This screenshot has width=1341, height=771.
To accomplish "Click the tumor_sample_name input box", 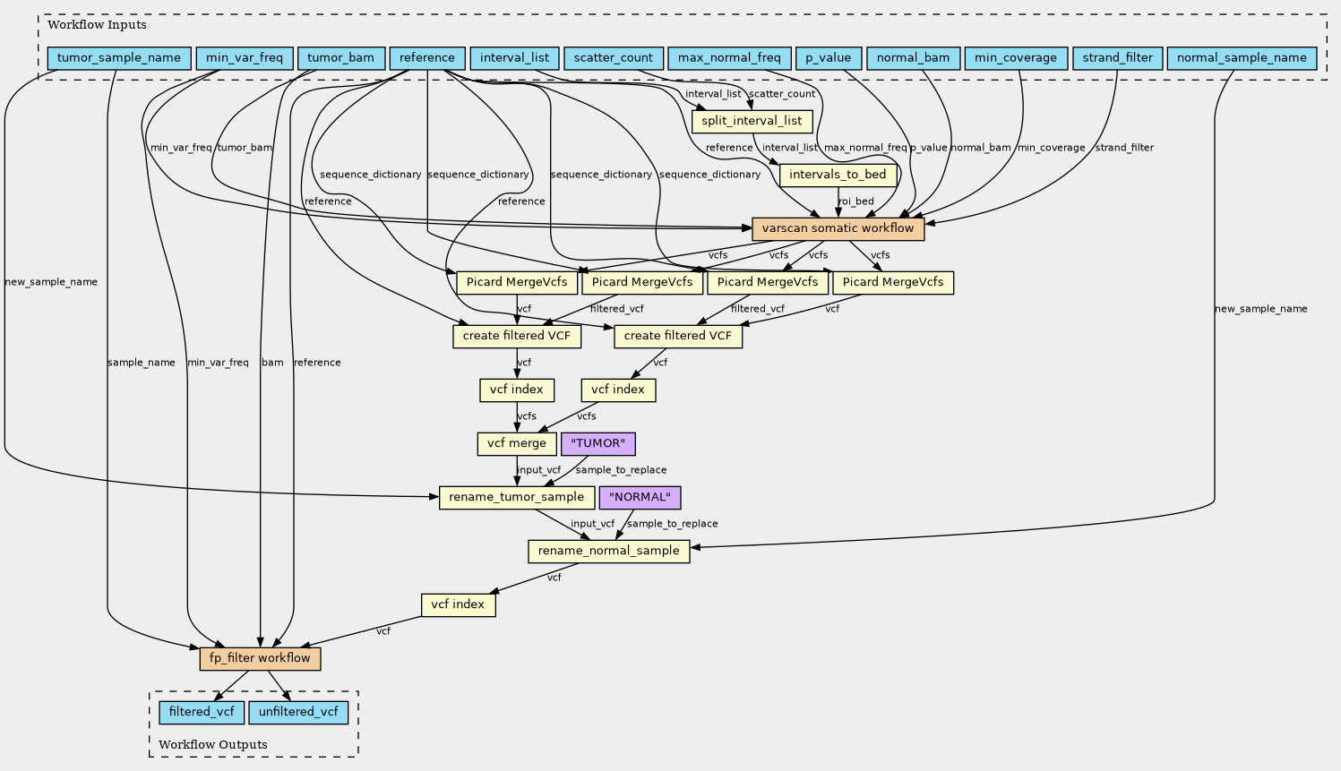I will (119, 59).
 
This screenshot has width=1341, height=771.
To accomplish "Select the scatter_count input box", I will (615, 59).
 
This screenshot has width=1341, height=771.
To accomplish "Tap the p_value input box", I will (828, 59).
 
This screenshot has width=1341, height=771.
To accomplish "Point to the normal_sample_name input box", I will (1242, 59).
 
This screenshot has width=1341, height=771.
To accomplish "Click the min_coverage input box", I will (1015, 59).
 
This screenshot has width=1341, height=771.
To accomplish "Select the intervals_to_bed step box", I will (838, 175).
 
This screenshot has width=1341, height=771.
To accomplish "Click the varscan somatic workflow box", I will (838, 228).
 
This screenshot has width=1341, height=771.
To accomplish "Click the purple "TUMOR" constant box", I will (597, 443).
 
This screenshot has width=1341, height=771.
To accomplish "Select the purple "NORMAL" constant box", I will (640, 497).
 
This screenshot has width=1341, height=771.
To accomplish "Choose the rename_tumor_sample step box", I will (517, 497).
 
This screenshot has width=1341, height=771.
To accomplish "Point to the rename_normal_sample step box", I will (609, 551).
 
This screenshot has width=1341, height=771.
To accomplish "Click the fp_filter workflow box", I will (260, 659).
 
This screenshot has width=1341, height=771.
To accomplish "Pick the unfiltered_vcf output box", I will (297, 713).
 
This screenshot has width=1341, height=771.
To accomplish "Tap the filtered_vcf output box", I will (202, 713).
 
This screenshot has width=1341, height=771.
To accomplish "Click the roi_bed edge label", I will (856, 201).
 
